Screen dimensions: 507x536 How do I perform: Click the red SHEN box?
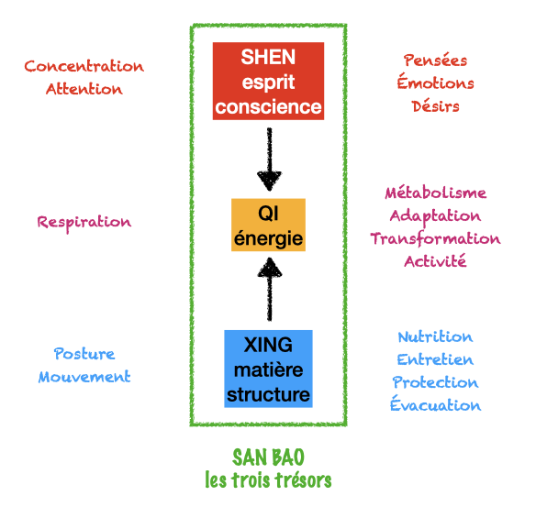point(268,82)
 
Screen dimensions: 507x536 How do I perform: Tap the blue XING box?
point(268,369)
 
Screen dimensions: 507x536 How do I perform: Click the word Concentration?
point(84,66)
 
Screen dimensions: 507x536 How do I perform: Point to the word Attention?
point(84,89)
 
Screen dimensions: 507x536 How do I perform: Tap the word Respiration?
point(84,222)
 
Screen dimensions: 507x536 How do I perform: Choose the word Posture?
point(84,354)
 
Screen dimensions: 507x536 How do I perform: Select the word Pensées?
point(435,61)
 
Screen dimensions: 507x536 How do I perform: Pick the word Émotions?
point(435,83)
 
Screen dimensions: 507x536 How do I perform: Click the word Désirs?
point(435,106)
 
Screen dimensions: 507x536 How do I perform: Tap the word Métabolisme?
point(435,193)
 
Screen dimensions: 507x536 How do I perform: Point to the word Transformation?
point(435,238)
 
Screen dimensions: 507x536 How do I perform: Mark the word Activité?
point(435,261)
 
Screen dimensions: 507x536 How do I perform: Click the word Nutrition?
point(435,337)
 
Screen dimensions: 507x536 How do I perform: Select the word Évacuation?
point(435,405)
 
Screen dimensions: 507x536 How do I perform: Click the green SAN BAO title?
point(268,457)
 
